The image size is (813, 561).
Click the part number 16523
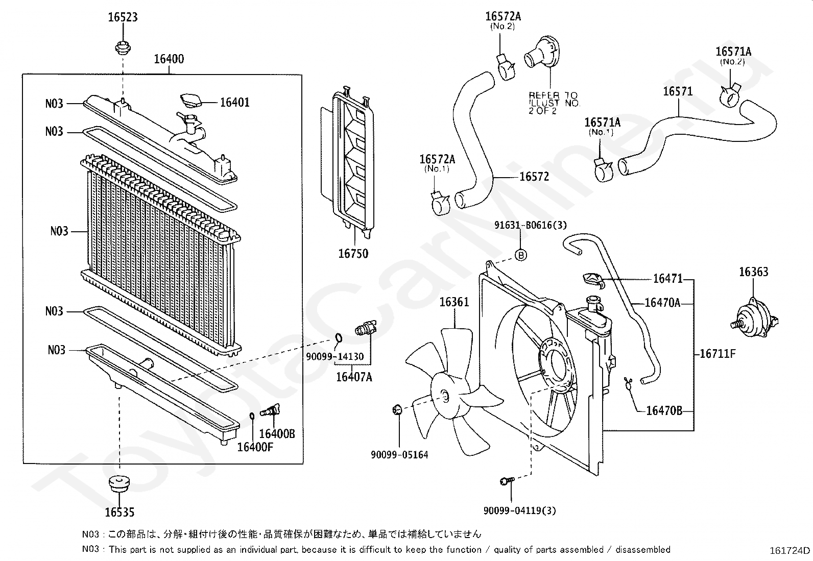(123, 17)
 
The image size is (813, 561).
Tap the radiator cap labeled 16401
(192, 101)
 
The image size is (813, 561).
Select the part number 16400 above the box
(169, 59)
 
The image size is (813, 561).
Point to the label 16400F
(255, 447)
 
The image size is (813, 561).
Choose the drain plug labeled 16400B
(270, 411)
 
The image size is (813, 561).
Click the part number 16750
(353, 254)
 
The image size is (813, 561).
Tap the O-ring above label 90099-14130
(338, 338)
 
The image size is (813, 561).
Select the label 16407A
(354, 377)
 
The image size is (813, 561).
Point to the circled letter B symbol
(521, 255)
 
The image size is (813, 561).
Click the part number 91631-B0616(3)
(530, 225)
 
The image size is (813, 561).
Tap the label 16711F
(718, 353)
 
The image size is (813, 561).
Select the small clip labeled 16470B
(628, 383)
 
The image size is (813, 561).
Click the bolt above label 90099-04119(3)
(507, 481)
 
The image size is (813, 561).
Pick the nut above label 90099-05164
(397, 410)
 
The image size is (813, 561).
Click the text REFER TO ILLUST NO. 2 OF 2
(554, 103)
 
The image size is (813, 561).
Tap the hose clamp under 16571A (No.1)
(604, 170)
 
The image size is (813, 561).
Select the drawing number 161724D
(790, 550)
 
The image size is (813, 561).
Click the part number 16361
(454, 302)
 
